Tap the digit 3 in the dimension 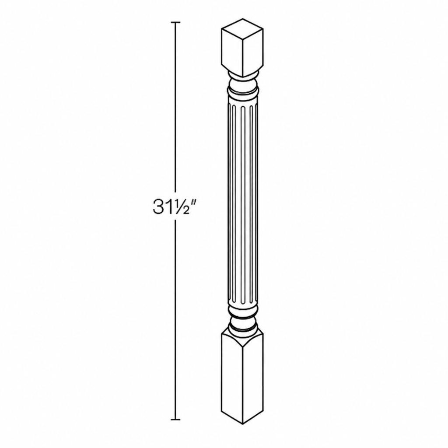pyautogui.click(x=157, y=206)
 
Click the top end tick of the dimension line pyautogui.click(x=175, y=22)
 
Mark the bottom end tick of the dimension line pyautogui.click(x=175, y=420)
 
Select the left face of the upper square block pyautogui.click(x=232, y=52)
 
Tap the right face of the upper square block pyautogui.click(x=252, y=52)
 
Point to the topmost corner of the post pyautogui.click(x=242, y=19)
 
